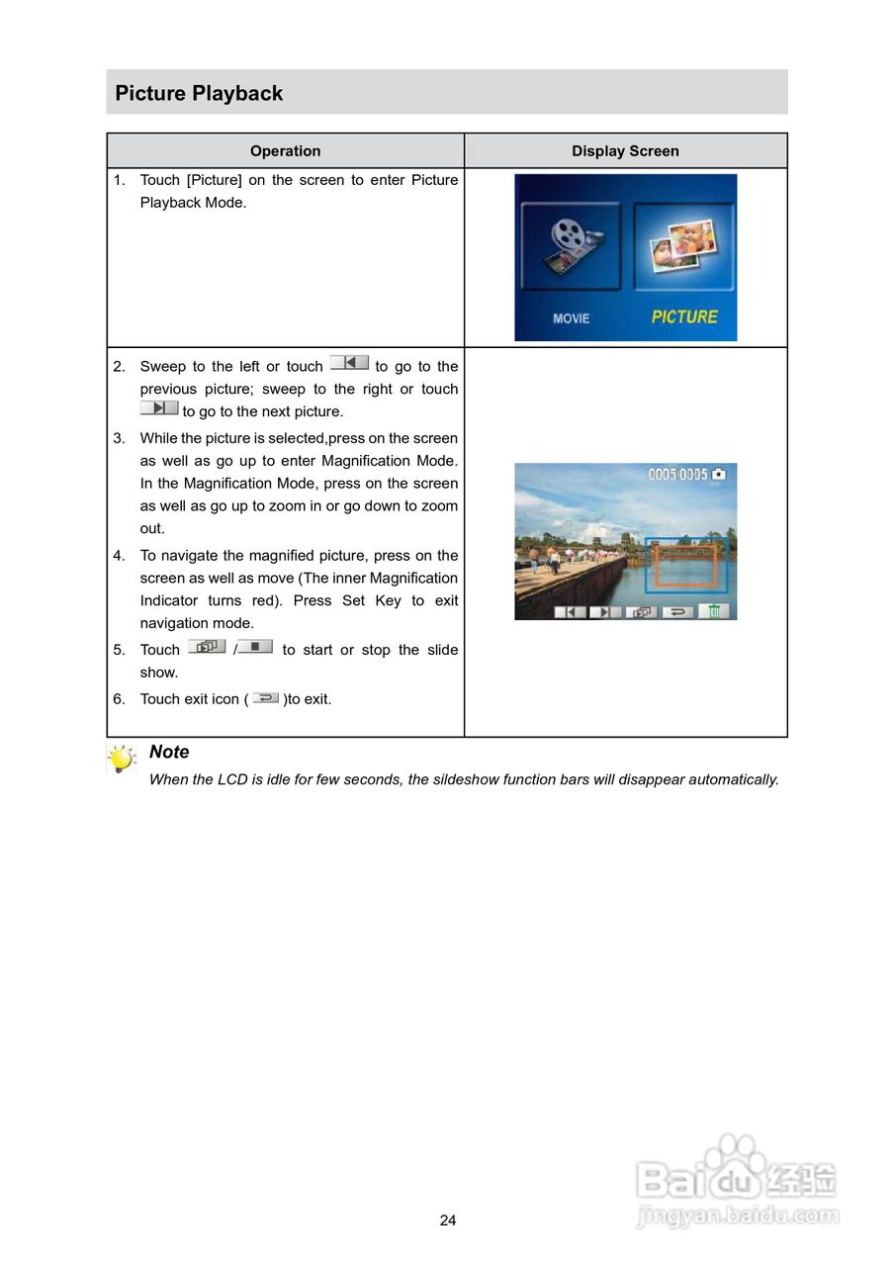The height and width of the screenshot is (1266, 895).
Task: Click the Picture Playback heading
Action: tap(199, 93)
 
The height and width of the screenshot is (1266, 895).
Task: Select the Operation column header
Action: tap(285, 151)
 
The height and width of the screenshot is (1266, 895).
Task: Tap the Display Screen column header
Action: tap(625, 151)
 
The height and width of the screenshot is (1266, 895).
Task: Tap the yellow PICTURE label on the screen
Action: tap(684, 316)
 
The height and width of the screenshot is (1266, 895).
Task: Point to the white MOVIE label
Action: tap(571, 318)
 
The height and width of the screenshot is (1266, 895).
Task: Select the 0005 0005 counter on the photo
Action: tap(678, 475)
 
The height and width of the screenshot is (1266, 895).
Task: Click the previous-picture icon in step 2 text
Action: tap(349, 363)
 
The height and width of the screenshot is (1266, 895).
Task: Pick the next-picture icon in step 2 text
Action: tap(159, 407)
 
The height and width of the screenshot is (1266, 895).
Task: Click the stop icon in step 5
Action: tap(255, 647)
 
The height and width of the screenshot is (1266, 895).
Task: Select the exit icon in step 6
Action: tap(265, 697)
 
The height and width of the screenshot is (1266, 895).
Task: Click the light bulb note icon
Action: tap(122, 760)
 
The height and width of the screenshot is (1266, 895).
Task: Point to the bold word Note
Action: tap(169, 752)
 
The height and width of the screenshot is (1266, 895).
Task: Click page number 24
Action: tap(448, 1221)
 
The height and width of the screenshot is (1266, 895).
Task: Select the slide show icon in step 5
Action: tap(207, 647)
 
